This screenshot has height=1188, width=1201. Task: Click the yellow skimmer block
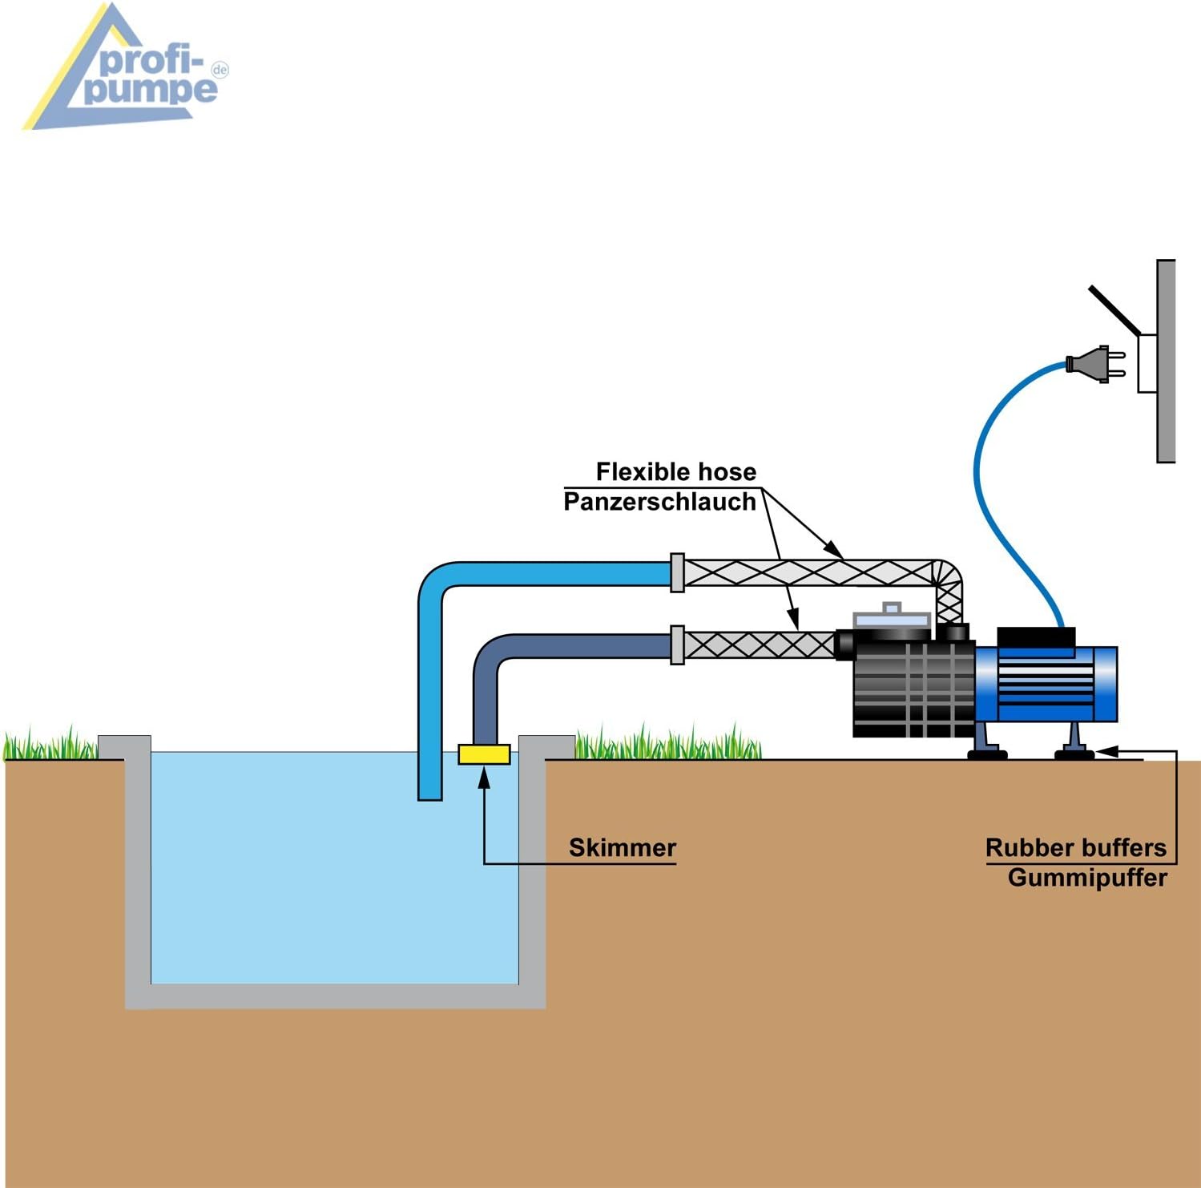click(484, 754)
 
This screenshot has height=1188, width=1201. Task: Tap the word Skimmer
click(623, 847)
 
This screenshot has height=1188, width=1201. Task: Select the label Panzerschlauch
click(659, 502)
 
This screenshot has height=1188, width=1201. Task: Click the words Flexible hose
click(675, 471)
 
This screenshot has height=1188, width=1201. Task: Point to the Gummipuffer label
click(1087, 878)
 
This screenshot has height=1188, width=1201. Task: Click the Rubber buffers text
click(1076, 847)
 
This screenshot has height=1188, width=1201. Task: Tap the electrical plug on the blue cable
click(1095, 364)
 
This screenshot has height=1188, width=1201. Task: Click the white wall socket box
click(1147, 364)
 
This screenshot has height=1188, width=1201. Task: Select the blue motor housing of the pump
click(1046, 684)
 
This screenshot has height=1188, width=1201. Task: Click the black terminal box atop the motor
click(1035, 637)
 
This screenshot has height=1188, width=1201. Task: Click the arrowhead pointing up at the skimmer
click(484, 777)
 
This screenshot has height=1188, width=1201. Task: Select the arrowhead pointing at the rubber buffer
click(1106, 751)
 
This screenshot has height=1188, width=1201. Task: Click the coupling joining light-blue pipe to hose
click(677, 573)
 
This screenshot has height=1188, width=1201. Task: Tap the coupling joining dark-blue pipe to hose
click(677, 645)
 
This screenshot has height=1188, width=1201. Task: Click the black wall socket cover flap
click(1114, 310)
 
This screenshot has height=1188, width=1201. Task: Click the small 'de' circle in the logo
click(220, 70)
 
